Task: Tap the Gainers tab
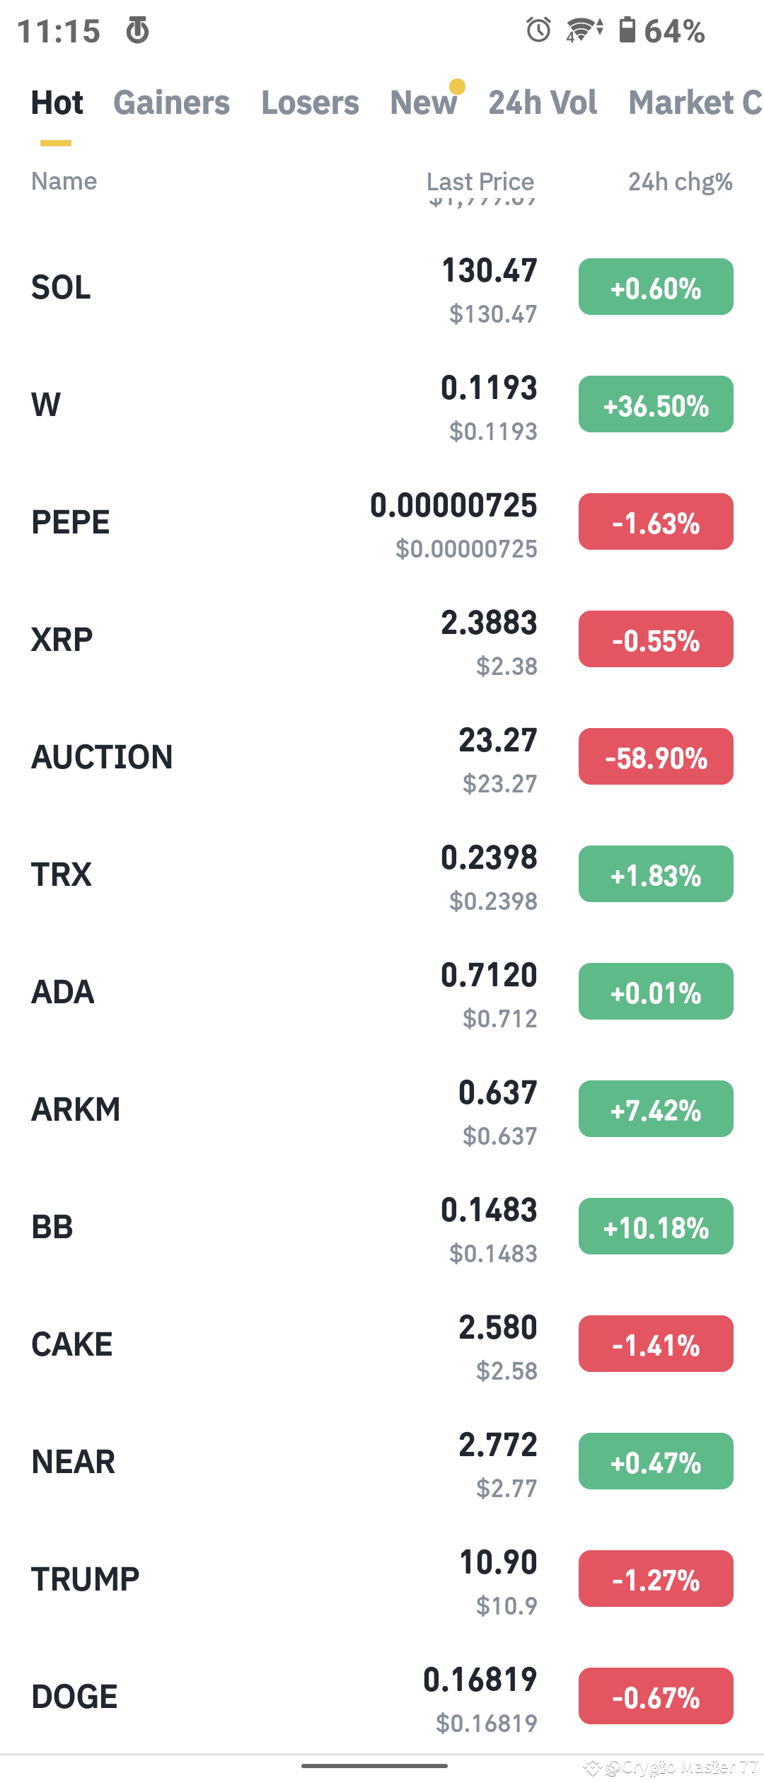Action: point(171,103)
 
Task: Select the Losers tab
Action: point(310,103)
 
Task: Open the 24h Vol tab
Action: point(543,103)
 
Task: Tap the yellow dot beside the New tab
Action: point(457,86)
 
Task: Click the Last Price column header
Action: point(480,182)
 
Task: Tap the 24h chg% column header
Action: point(680,182)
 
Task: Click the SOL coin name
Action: point(61,287)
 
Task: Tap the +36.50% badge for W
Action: point(656,405)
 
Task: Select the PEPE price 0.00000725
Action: point(453,506)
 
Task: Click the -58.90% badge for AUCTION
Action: point(656,757)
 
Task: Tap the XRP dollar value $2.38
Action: point(507,667)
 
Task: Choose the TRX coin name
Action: point(62,875)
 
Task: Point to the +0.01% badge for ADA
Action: point(656,992)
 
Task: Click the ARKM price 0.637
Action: point(498,1092)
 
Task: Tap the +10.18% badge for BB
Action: point(656,1227)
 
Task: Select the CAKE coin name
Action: point(72,1344)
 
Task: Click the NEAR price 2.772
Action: point(498,1445)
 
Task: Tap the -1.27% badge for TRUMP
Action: point(656,1579)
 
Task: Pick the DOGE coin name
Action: point(74,1697)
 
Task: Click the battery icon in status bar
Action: point(627,30)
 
